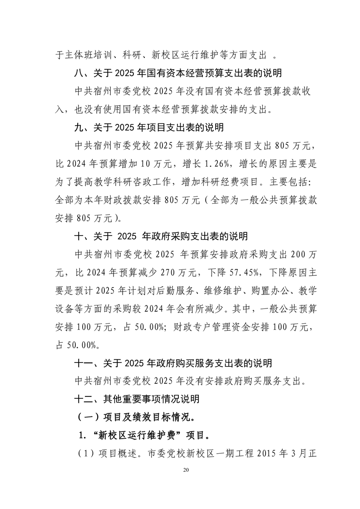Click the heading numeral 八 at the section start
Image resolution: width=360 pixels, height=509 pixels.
click(x=79, y=72)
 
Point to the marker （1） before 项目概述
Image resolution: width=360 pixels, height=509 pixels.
click(x=84, y=452)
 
